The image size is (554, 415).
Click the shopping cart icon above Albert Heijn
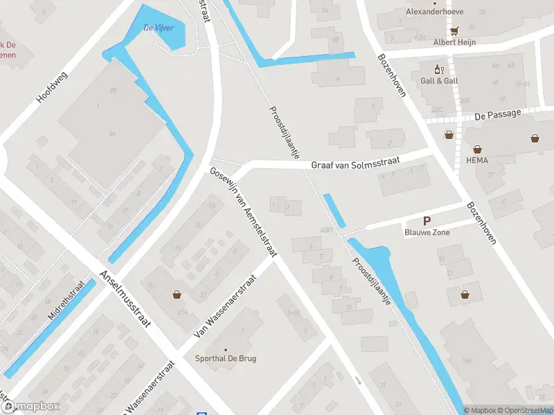coord(454,31)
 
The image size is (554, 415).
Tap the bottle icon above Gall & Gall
coord(438,69)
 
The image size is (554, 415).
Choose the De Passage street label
coord(497,116)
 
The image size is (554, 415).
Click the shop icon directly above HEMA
coord(478,149)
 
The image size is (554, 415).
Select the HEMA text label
coord(478,160)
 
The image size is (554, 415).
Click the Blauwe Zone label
coord(427,232)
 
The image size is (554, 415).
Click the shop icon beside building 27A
coord(178,295)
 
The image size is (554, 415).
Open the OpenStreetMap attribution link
coord(525,410)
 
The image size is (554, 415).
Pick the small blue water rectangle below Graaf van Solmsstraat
coord(334,211)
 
